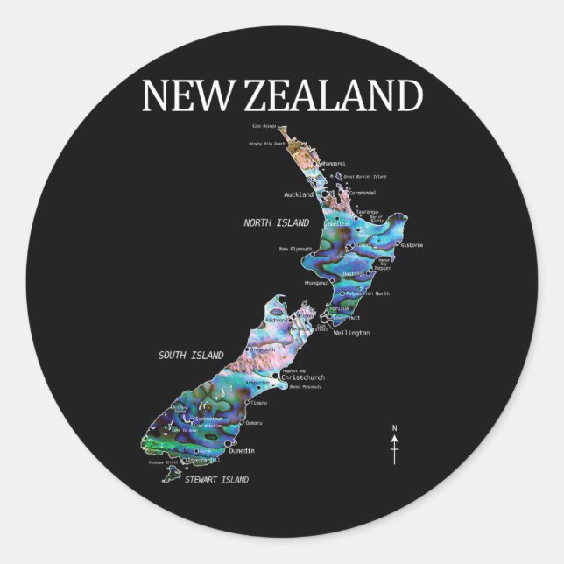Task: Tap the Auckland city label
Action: (299, 194)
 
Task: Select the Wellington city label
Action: (352, 334)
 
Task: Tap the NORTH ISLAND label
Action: (276, 223)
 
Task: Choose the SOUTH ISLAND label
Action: (190, 355)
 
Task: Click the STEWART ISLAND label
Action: (216, 480)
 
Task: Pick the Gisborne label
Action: (412, 245)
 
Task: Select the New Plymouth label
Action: (296, 249)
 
